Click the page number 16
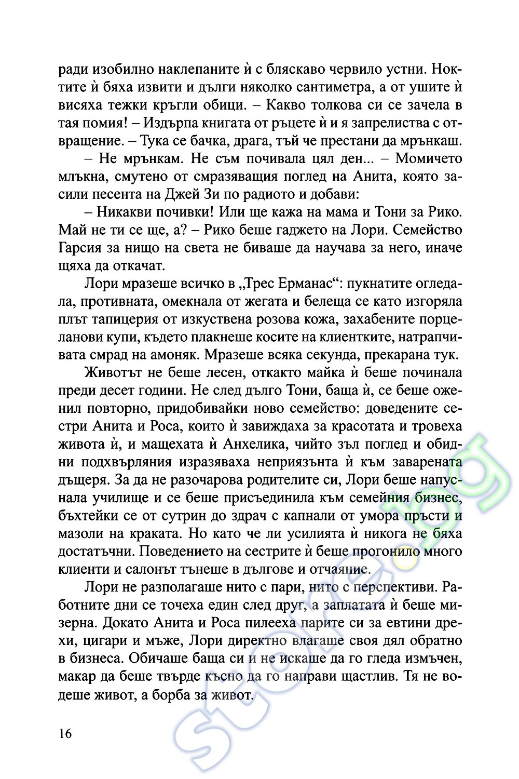point(66,733)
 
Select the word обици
point(224,105)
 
